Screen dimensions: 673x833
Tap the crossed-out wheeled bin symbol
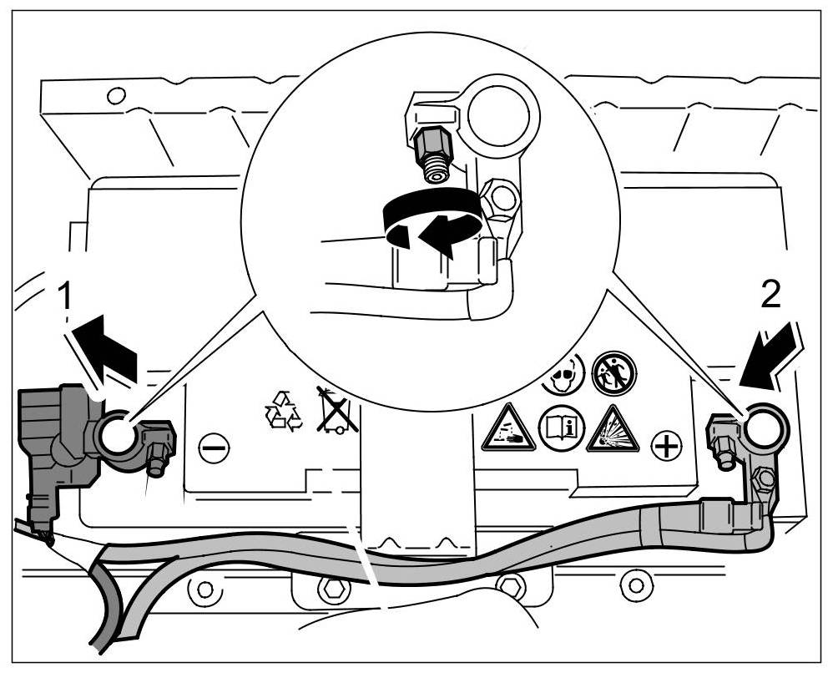[337, 409]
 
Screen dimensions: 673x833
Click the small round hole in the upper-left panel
[116, 94]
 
